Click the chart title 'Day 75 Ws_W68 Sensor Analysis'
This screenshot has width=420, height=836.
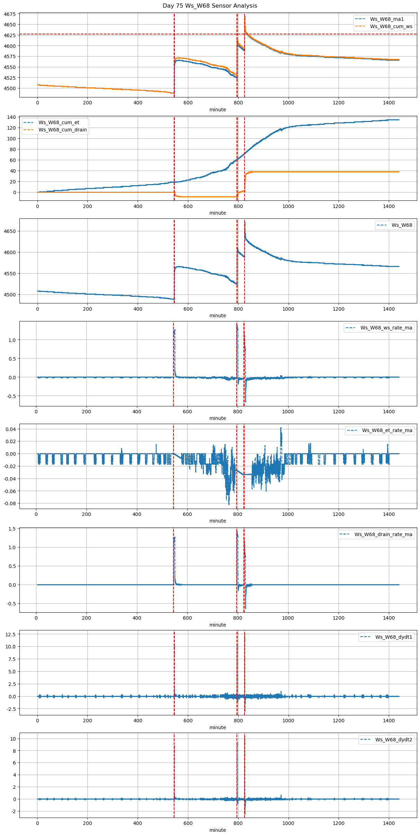(210, 6)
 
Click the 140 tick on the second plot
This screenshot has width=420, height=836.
(12, 117)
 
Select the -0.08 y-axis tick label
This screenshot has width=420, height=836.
(10, 503)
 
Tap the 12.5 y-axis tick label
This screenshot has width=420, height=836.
(10, 634)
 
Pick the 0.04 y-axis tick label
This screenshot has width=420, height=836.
(10, 429)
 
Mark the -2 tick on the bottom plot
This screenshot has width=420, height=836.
(13, 811)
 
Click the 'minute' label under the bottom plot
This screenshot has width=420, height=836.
(217, 830)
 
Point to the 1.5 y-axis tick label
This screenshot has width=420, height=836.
(12, 529)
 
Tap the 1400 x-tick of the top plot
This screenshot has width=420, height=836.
(388, 103)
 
